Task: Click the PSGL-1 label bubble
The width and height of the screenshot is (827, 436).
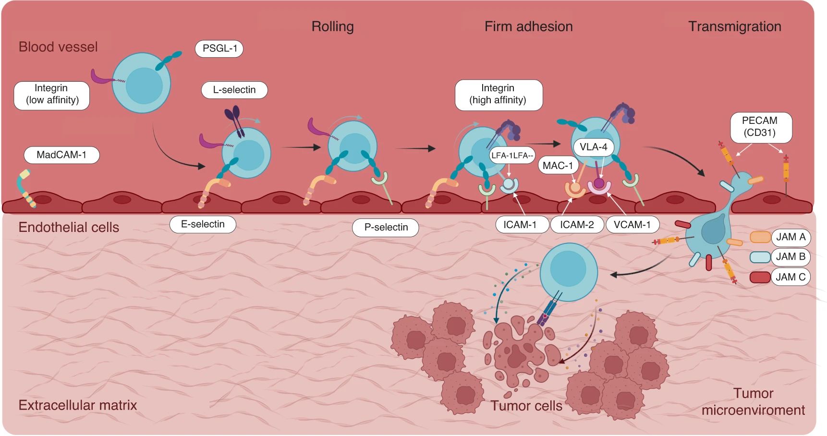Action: pos(219,48)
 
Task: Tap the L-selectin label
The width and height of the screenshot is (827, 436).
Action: pos(234,90)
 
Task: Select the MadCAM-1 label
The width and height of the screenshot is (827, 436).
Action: pos(61,155)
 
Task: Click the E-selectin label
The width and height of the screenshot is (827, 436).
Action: pos(203,224)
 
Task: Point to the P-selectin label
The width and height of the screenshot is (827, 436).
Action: pos(386,228)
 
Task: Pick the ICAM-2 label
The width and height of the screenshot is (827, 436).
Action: pos(577,225)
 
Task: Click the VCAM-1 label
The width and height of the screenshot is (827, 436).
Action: pos(632,225)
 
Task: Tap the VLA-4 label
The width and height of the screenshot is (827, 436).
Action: pos(593,147)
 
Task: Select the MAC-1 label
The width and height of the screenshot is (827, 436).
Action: pos(558,166)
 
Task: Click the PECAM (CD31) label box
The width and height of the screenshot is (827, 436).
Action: pos(760,127)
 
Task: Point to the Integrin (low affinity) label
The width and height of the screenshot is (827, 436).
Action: pos(52,94)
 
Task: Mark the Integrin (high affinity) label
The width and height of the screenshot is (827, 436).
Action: pos(498,94)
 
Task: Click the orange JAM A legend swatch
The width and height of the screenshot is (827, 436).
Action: pos(760,237)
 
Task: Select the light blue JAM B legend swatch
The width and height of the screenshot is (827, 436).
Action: pos(760,257)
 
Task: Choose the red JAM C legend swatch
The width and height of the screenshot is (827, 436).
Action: pos(760,277)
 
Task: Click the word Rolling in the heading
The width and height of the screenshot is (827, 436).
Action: pos(332,26)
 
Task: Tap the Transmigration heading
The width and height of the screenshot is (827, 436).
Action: pos(734,26)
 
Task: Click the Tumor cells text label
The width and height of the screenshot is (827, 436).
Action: pos(526,406)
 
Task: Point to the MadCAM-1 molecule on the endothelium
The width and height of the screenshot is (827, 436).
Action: pos(25,188)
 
